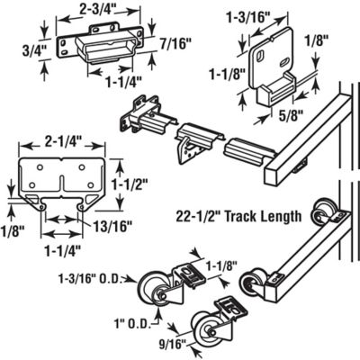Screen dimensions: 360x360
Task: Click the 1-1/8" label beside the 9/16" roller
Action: pyautogui.click(x=220, y=267)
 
